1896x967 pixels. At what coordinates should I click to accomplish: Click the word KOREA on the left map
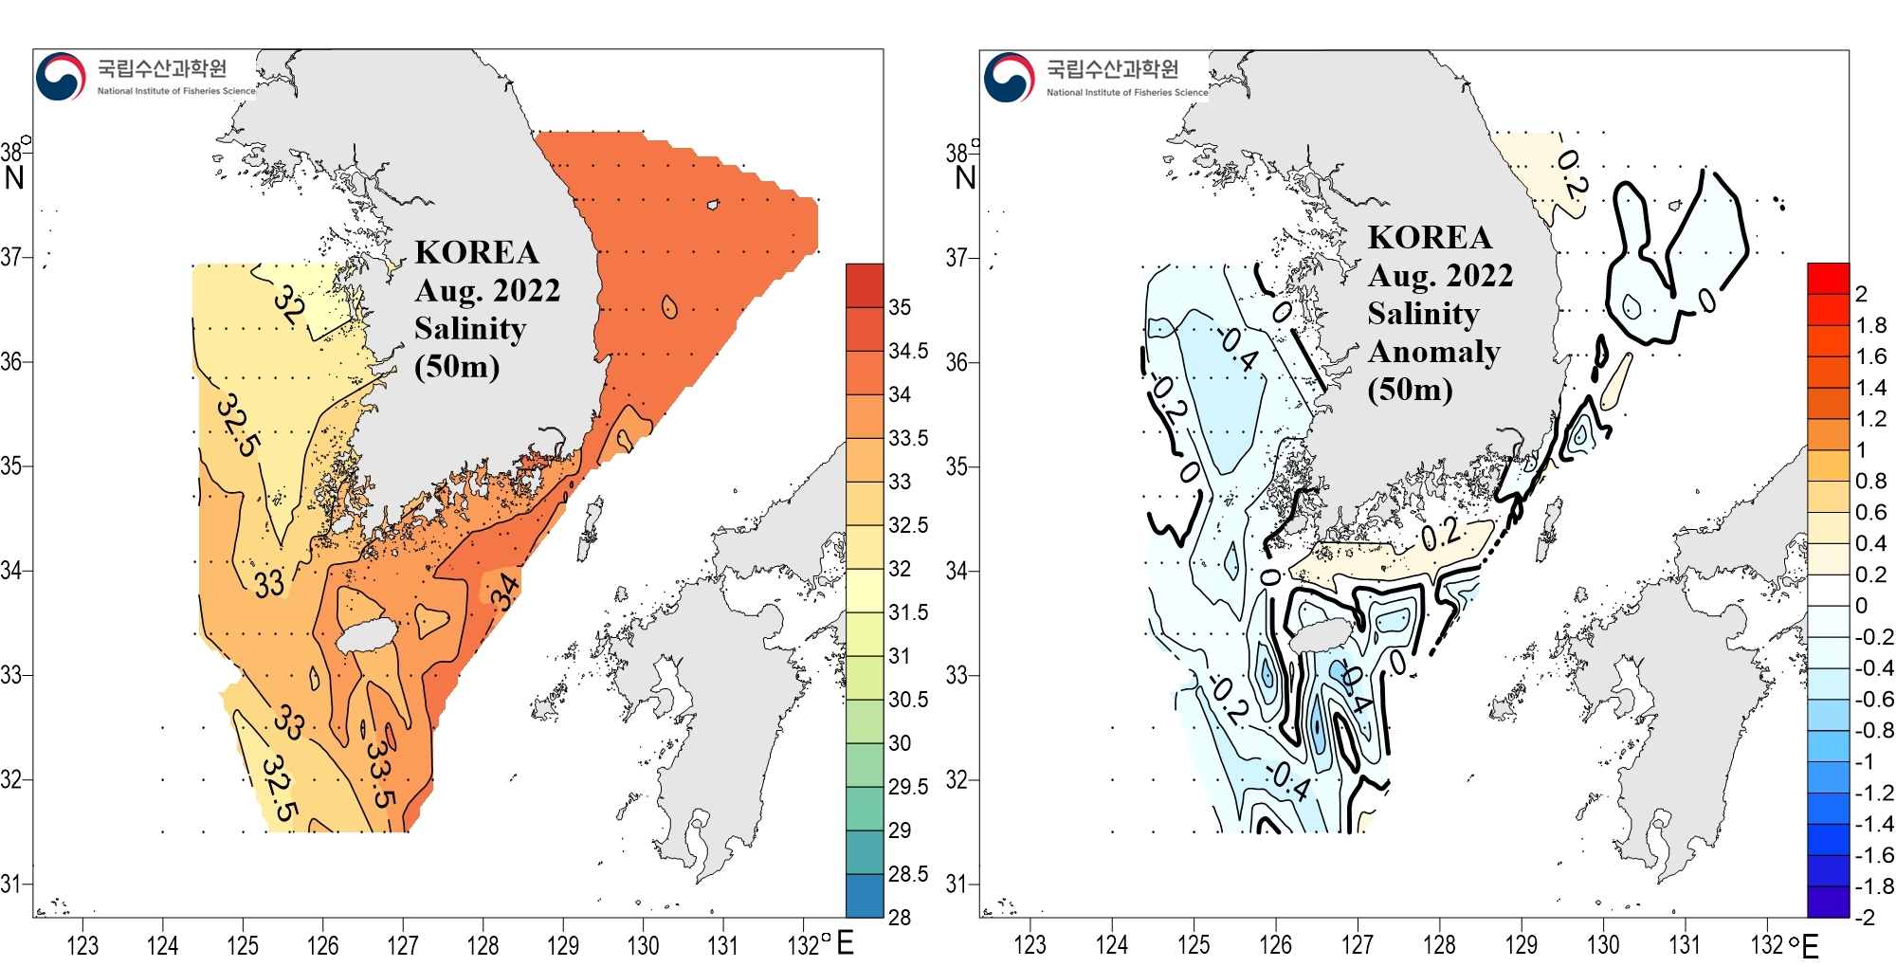[x=476, y=252]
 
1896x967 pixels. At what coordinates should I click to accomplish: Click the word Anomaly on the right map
[x=1433, y=352]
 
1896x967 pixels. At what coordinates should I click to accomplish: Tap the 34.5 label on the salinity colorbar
[x=908, y=351]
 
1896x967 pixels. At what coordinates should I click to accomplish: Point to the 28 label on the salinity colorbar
[x=899, y=917]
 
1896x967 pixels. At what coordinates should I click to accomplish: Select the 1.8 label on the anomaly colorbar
[x=1870, y=325]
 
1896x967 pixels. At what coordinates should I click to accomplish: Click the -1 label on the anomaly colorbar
[x=1864, y=761]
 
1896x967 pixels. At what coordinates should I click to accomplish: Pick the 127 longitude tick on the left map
[x=403, y=945]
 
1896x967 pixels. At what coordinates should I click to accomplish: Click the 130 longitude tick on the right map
[x=1603, y=945]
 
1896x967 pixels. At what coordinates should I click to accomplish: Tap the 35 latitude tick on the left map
[x=11, y=466]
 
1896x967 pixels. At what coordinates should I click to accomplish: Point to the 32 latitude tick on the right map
[x=957, y=780]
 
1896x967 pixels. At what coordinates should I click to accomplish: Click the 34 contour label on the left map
[x=504, y=592]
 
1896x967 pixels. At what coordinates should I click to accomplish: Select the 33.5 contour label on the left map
[x=380, y=774]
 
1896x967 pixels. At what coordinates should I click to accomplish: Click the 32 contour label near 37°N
[x=289, y=305]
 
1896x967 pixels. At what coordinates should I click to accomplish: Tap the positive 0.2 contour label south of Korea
[x=1440, y=536]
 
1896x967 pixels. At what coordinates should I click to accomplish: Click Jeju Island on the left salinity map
[x=364, y=636]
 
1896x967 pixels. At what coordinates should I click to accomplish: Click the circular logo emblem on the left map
[x=61, y=77]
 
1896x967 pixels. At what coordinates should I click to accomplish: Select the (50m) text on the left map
[x=457, y=366]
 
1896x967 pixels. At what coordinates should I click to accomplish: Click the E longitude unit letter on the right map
[x=1810, y=946]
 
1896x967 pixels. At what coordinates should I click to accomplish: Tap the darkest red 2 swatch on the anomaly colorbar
[x=1828, y=278]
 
